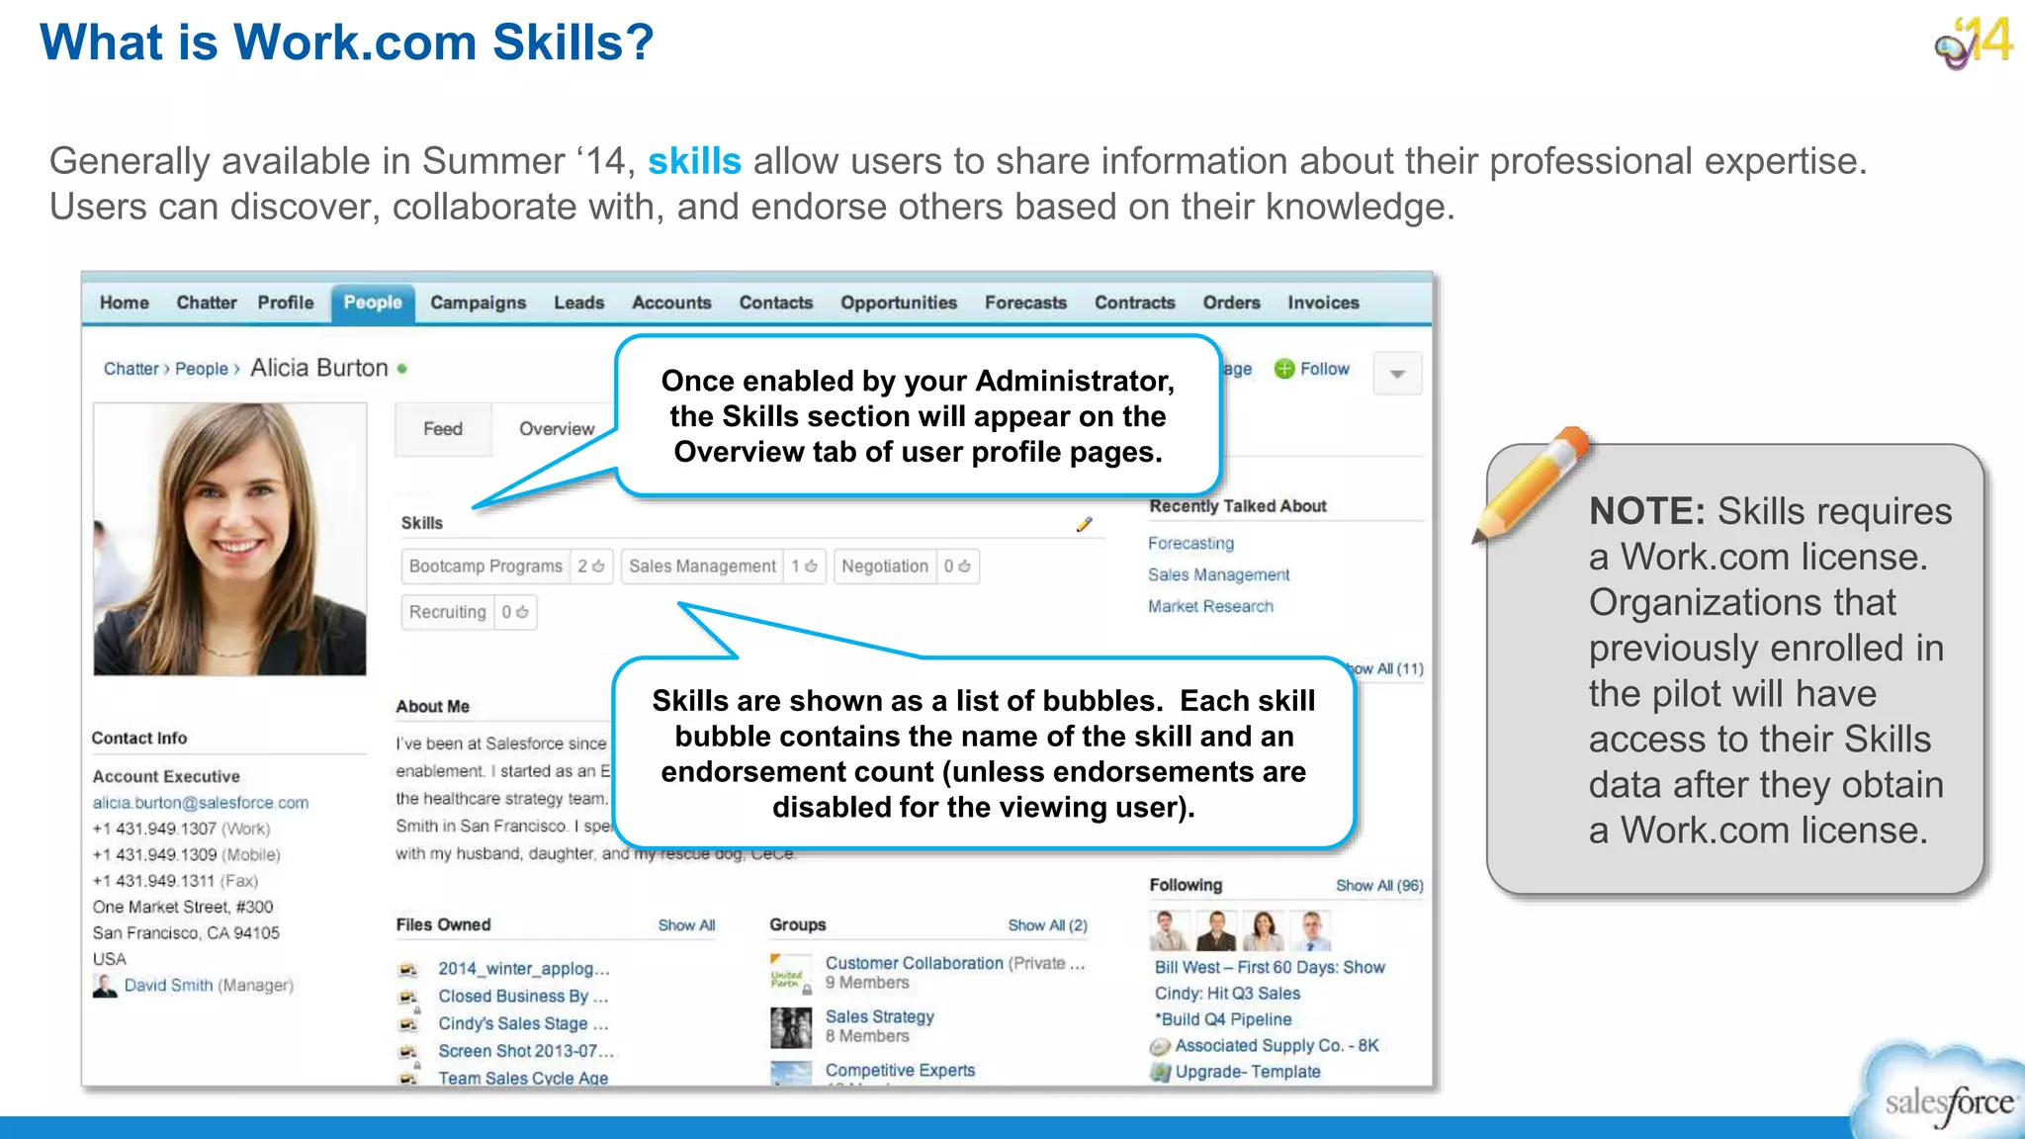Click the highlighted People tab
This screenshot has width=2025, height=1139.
pyautogui.click(x=373, y=303)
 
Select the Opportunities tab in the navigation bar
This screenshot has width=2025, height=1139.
pyautogui.click(x=898, y=303)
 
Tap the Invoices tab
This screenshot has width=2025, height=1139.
pyautogui.click(x=1322, y=303)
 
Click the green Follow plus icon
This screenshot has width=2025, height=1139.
pyautogui.click(x=1283, y=369)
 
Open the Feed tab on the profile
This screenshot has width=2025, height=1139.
pyautogui.click(x=442, y=429)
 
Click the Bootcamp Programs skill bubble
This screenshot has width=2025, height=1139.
pyautogui.click(x=485, y=567)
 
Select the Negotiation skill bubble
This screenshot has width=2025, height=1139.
pyautogui.click(x=885, y=567)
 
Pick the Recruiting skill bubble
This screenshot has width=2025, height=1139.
pyautogui.click(x=448, y=612)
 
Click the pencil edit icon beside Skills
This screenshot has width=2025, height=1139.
pyautogui.click(x=1084, y=524)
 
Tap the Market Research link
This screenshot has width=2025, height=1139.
pyautogui.click(x=1210, y=606)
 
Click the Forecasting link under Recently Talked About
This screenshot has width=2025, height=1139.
pyautogui.click(x=1190, y=543)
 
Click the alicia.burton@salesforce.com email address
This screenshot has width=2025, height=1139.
pyautogui.click(x=201, y=803)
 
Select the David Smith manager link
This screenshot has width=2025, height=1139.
pyautogui.click(x=168, y=985)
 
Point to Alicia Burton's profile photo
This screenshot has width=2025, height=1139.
pyautogui.click(x=229, y=539)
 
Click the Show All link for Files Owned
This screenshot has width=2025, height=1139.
pyautogui.click(x=686, y=925)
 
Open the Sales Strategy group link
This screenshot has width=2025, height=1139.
pyautogui.click(x=879, y=1016)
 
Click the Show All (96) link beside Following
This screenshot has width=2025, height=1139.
pyautogui.click(x=1379, y=886)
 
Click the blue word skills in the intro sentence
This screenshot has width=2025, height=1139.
pyautogui.click(x=694, y=161)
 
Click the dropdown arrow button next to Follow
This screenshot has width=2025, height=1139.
pyautogui.click(x=1397, y=374)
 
